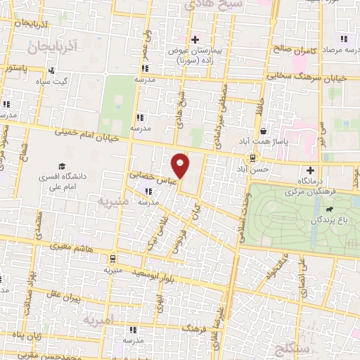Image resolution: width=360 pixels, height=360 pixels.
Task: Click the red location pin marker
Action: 181,165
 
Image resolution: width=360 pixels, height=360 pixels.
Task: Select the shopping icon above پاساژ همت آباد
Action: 263,131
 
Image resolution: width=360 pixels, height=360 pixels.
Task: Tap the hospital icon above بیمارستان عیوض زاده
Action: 195,39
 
